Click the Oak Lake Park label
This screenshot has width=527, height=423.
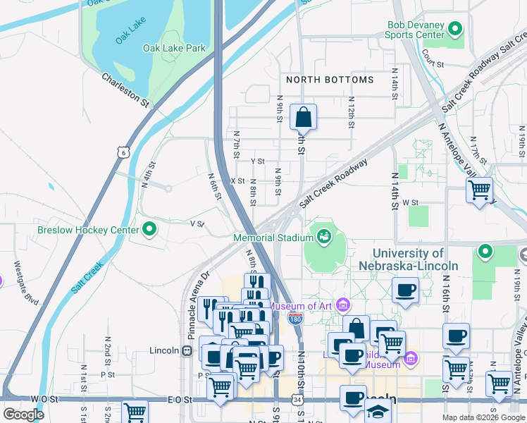click(x=174, y=48)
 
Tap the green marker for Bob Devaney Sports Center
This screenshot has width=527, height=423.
click(x=455, y=29)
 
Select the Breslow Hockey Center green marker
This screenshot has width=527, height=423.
click(x=149, y=229)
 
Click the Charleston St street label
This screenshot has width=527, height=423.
click(x=126, y=90)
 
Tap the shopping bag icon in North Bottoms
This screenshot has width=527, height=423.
click(x=303, y=116)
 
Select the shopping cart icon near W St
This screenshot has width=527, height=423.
click(x=479, y=189)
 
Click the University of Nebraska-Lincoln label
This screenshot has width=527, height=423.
click(x=415, y=259)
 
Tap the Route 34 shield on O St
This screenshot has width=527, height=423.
click(x=298, y=400)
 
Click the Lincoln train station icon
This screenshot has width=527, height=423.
click(x=187, y=350)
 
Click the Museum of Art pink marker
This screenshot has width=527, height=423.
click(x=343, y=305)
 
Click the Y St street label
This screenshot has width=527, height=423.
click(x=256, y=161)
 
